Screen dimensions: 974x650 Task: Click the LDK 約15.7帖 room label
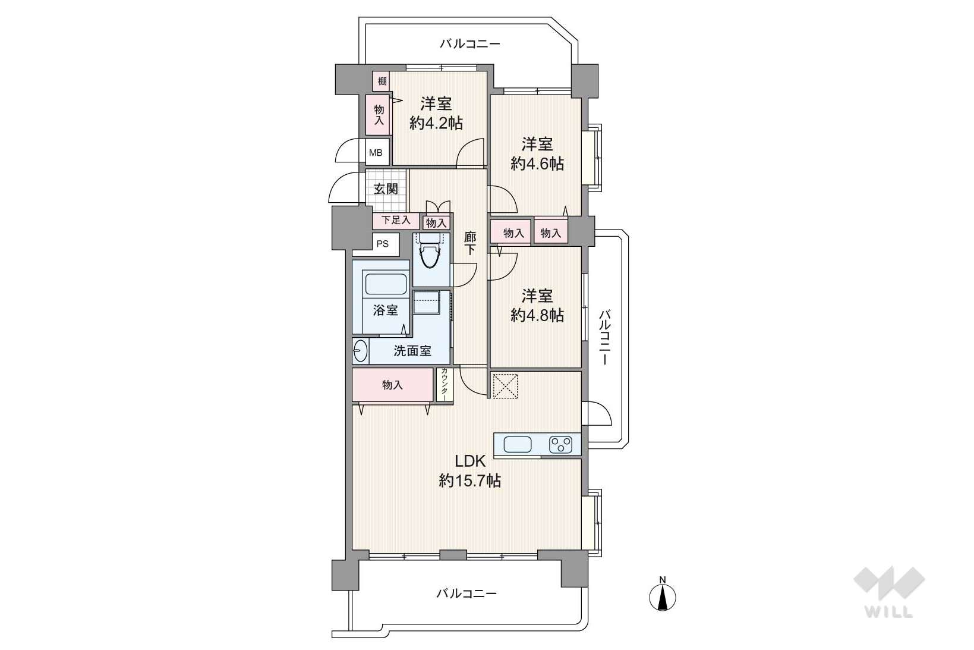[469, 471]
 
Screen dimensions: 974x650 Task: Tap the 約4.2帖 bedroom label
[436, 114]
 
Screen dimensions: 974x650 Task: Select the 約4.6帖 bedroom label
[537, 153]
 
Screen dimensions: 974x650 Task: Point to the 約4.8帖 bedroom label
[537, 306]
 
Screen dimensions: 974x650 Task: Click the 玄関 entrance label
[386, 189]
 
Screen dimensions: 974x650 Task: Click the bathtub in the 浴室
[386, 284]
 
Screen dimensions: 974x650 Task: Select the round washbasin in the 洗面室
[360, 351]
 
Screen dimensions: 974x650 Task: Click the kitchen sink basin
[518, 445]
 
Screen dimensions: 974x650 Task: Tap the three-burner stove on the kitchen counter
[561, 445]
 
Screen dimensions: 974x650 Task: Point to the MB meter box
[377, 153]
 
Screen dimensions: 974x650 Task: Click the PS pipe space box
[383, 244]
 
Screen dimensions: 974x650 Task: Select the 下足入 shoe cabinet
[396, 220]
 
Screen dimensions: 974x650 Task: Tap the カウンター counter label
[445, 385]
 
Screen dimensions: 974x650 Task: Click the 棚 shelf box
[382, 81]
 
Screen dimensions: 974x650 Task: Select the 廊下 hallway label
[470, 244]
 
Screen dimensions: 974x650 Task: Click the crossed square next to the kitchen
[505, 385]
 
